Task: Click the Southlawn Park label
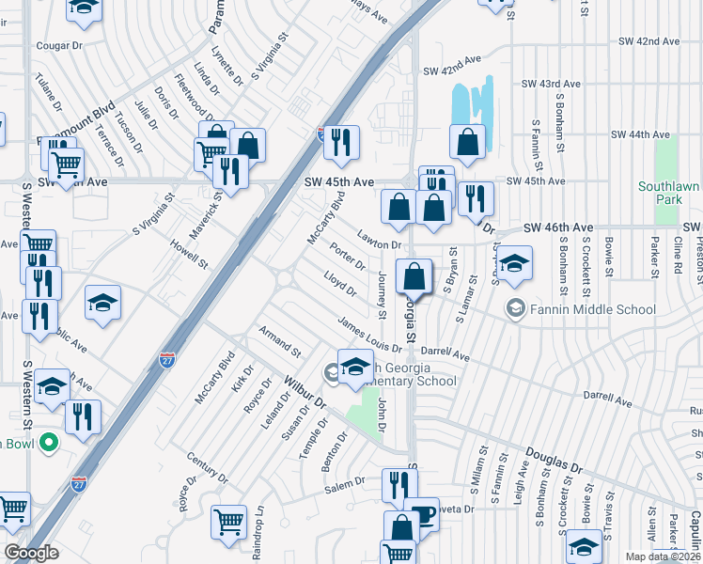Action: [669, 193]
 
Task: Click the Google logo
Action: [31, 552]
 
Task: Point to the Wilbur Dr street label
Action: [304, 393]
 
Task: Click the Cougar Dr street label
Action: [59, 45]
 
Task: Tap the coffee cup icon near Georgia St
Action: [424, 514]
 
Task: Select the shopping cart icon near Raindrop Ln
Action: [229, 522]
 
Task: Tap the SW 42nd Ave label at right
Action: [649, 41]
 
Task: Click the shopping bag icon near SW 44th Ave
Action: [467, 142]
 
